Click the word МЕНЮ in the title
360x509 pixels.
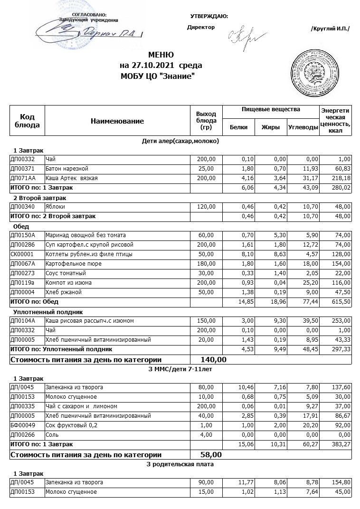[161, 55]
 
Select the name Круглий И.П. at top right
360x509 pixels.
[330, 29]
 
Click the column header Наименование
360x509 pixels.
[117, 121]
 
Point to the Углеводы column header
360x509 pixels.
[303, 127]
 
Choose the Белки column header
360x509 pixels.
[238, 127]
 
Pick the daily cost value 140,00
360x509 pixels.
[214, 359]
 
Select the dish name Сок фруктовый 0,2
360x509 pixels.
[71, 425]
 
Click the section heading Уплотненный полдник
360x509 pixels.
[48, 312]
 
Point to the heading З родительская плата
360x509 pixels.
[180, 464]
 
